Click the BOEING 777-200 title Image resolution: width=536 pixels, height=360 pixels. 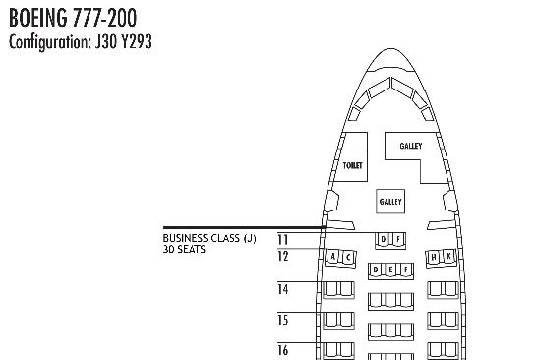[x=73, y=18]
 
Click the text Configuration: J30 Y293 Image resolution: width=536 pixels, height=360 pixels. [x=81, y=42]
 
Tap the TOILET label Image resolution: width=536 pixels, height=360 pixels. [x=352, y=165]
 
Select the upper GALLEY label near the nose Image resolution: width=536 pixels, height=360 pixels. [x=411, y=146]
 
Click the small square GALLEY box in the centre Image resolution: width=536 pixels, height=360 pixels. [x=390, y=202]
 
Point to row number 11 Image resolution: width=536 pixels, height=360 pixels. [x=283, y=240]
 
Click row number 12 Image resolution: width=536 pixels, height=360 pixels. [x=283, y=256]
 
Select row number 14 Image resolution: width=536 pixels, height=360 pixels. [x=283, y=289]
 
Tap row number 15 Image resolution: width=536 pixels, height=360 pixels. [x=283, y=320]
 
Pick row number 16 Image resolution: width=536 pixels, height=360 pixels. [x=283, y=350]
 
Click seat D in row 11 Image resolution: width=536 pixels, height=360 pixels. [x=384, y=240]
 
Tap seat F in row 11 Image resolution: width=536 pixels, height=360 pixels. [x=398, y=240]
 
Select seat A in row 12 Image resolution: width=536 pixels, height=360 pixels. [x=333, y=256]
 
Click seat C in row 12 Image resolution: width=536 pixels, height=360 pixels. [x=348, y=257]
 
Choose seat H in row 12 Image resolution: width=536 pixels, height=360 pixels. [x=434, y=257]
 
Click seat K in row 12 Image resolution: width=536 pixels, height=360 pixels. [x=448, y=256]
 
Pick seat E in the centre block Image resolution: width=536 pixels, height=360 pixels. [x=390, y=270]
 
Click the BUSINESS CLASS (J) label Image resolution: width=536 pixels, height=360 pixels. [x=209, y=238]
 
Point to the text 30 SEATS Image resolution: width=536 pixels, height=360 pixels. [x=184, y=249]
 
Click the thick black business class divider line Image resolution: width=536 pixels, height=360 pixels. [x=244, y=227]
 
